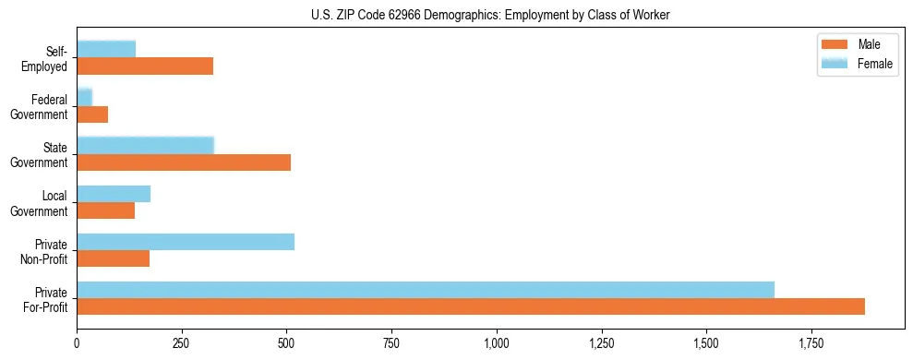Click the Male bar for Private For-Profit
tap(471, 306)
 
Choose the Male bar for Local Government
tap(106, 210)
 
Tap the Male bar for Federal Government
tap(92, 114)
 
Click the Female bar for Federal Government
tap(85, 97)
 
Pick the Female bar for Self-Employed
tap(106, 49)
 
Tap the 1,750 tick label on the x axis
tap(811, 343)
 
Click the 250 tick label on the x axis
tap(182, 343)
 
